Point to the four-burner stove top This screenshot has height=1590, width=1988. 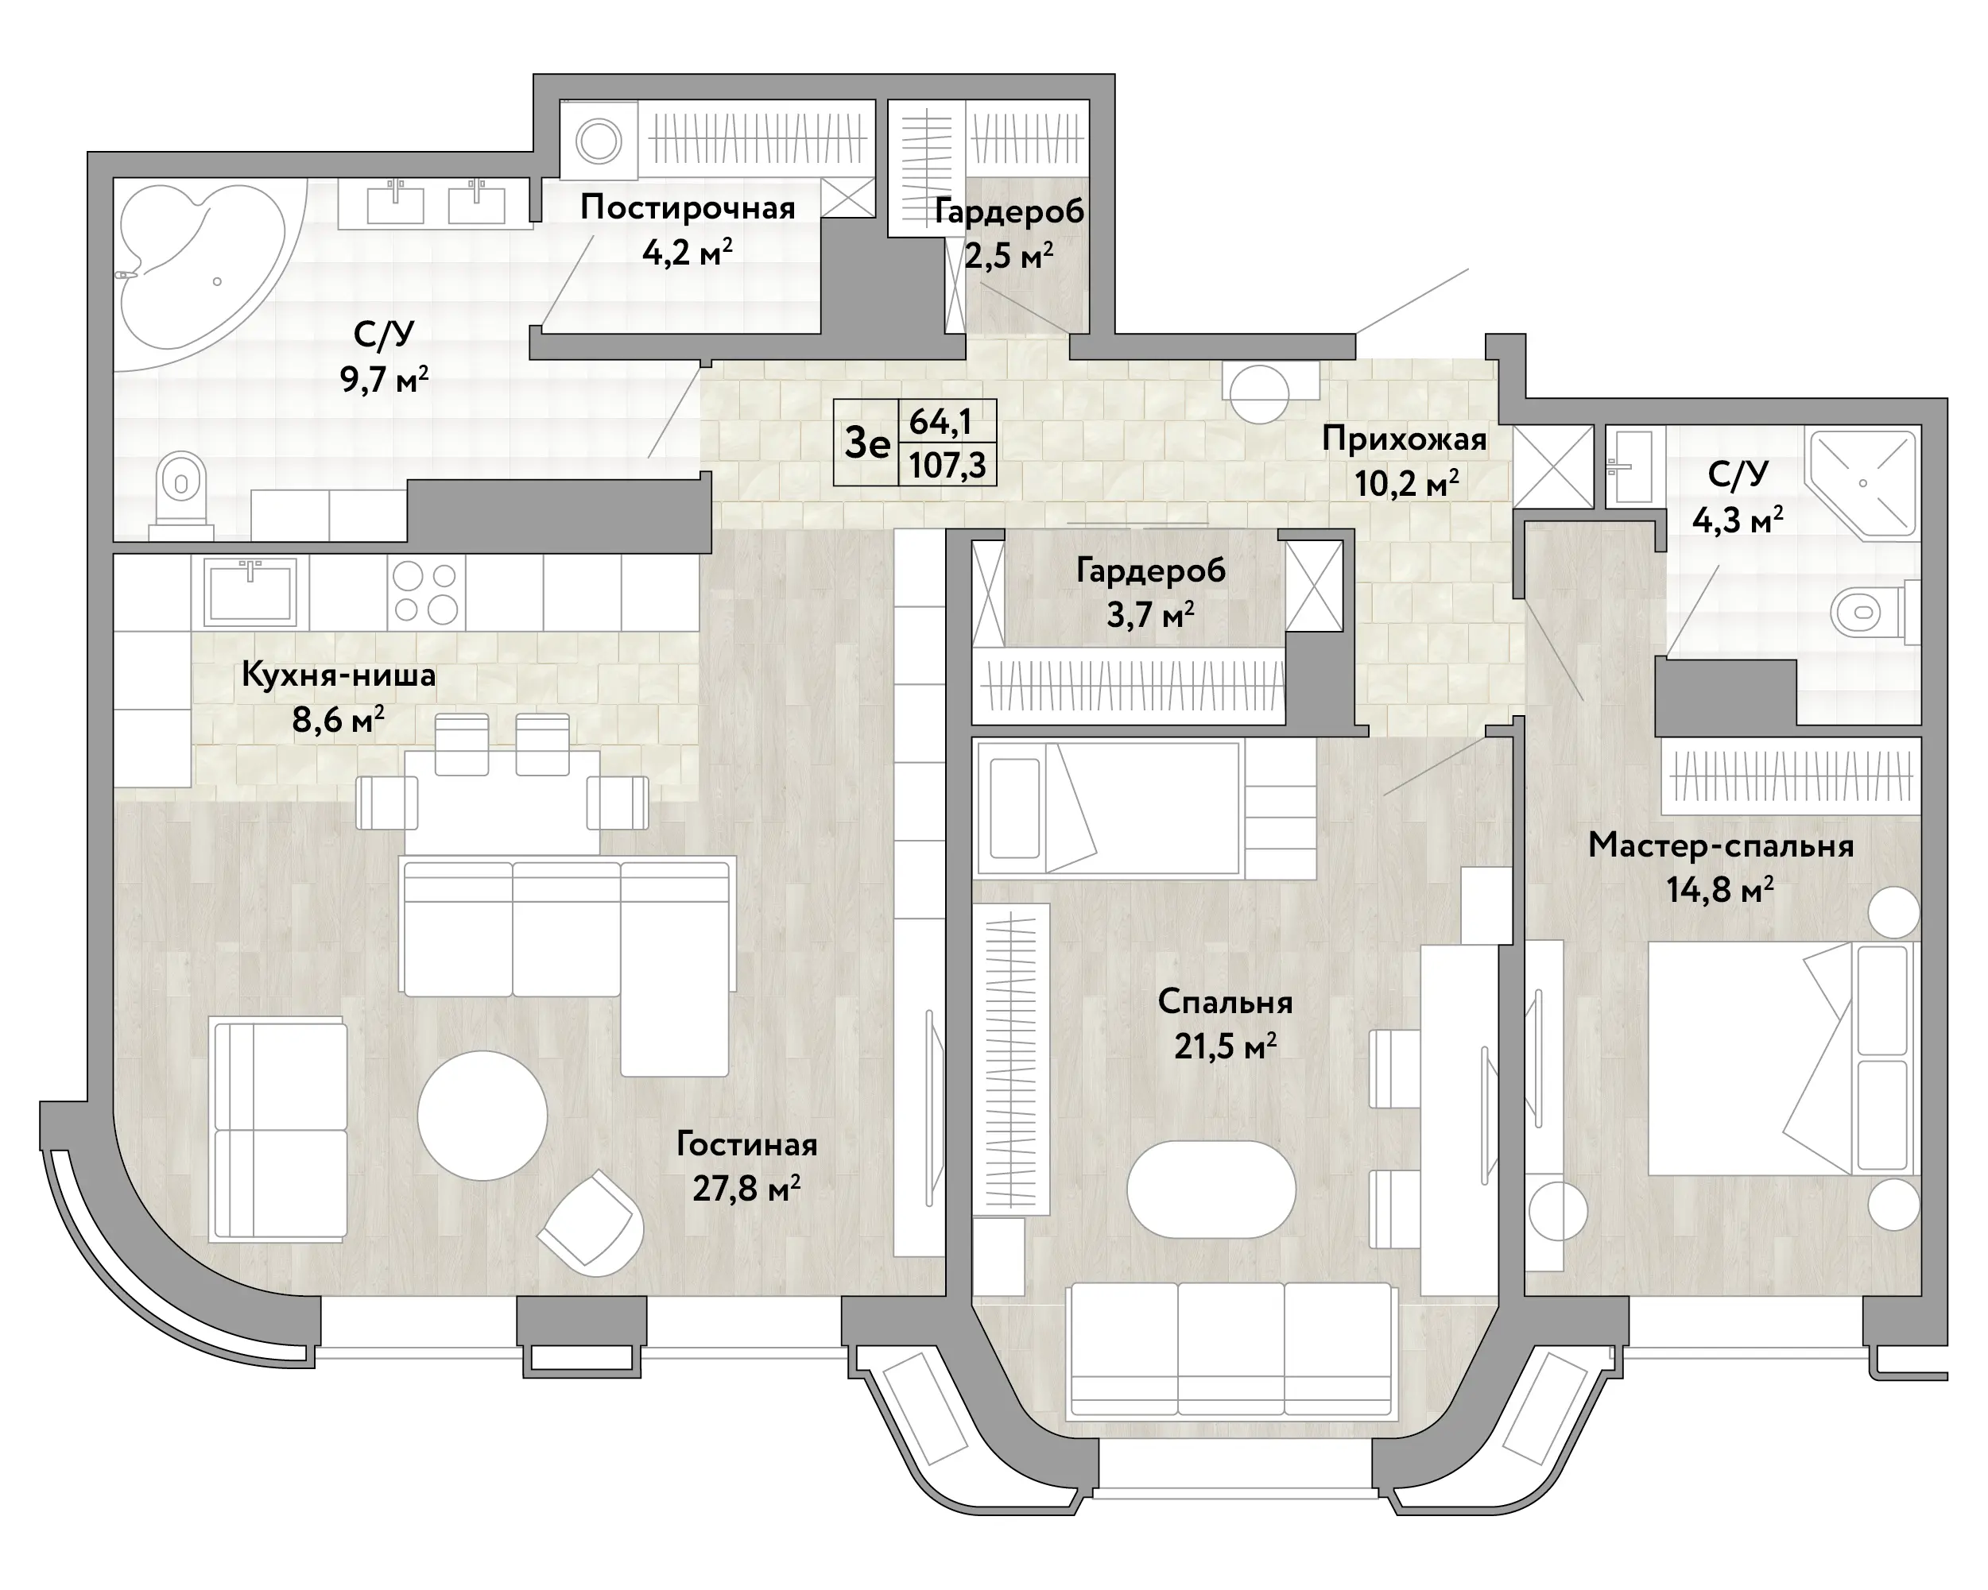426,593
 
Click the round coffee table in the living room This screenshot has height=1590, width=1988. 482,1116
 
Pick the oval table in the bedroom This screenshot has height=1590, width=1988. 1211,1189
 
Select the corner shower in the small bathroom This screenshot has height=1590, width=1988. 1862,484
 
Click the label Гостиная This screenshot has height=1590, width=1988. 747,1144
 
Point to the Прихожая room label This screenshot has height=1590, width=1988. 1405,439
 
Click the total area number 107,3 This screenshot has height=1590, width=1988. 947,465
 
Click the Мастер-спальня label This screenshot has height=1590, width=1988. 1721,845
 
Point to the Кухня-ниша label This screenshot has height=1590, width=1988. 339,675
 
